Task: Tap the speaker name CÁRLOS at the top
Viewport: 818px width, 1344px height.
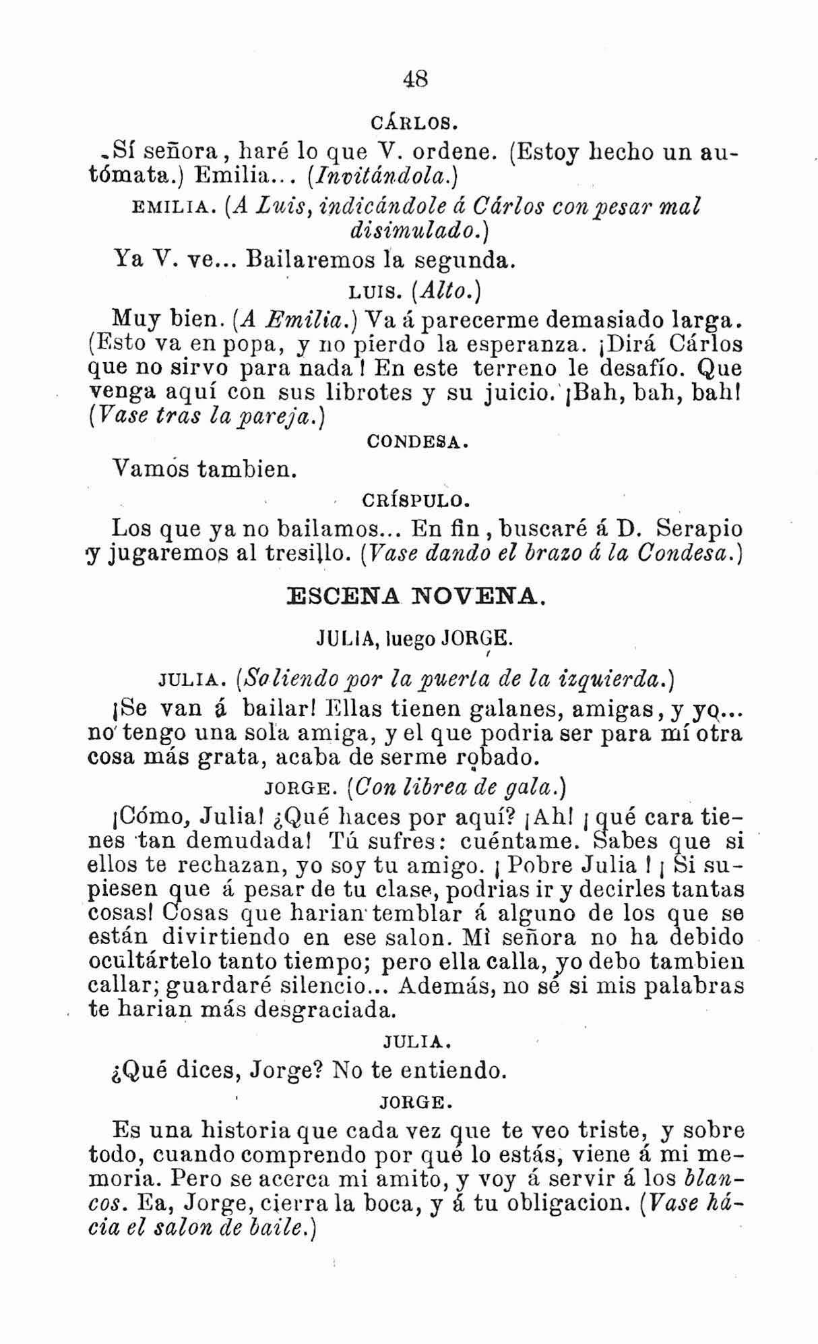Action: coord(414,125)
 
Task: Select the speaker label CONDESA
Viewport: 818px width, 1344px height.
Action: coord(415,443)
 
